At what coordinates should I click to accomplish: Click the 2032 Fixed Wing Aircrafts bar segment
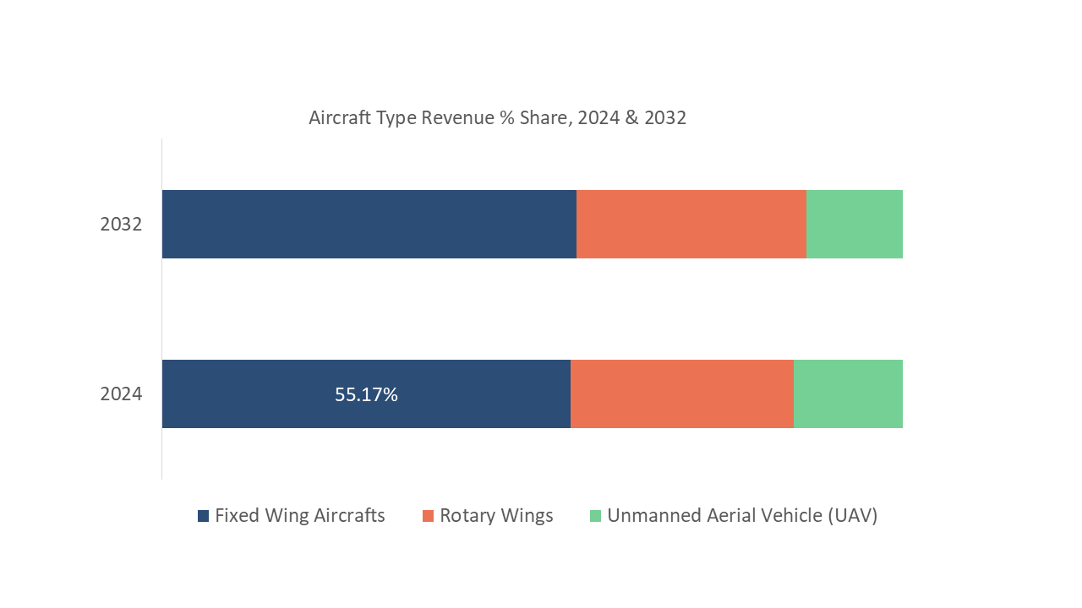point(369,224)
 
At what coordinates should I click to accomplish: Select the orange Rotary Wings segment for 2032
point(691,224)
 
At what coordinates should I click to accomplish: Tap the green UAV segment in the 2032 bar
point(854,224)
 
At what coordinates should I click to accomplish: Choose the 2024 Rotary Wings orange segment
point(681,394)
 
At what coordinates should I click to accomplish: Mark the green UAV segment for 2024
point(848,394)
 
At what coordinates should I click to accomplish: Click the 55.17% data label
point(366,394)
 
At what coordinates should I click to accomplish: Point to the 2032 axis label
point(121,225)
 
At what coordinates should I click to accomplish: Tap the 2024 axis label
point(121,394)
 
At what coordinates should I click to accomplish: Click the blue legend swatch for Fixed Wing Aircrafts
point(203,516)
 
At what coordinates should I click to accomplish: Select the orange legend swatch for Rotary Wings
point(428,516)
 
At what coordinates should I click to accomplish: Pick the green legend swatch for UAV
point(595,516)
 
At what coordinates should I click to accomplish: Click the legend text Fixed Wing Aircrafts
point(299,516)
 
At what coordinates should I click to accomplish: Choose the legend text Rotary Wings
point(496,516)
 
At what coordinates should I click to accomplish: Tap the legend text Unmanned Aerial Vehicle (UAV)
point(742,516)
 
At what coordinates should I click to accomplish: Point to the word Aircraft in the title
point(338,118)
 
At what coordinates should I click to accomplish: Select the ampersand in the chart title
point(631,118)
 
